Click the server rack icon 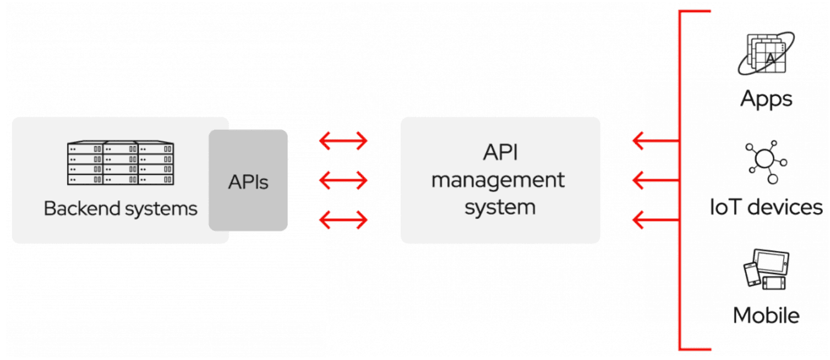121,162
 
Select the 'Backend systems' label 121,209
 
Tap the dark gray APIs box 248,180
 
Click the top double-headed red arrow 343,140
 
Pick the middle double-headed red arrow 343,180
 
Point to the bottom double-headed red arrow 343,220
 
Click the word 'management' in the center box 498,180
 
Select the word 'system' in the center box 500,207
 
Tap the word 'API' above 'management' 500,152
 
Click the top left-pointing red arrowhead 638,140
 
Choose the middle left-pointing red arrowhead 638,180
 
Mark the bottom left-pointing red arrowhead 638,220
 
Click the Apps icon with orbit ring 766,53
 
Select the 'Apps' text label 766,100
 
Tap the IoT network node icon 766,162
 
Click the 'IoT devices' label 766,207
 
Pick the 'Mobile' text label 766,315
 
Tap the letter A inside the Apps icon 770,58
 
